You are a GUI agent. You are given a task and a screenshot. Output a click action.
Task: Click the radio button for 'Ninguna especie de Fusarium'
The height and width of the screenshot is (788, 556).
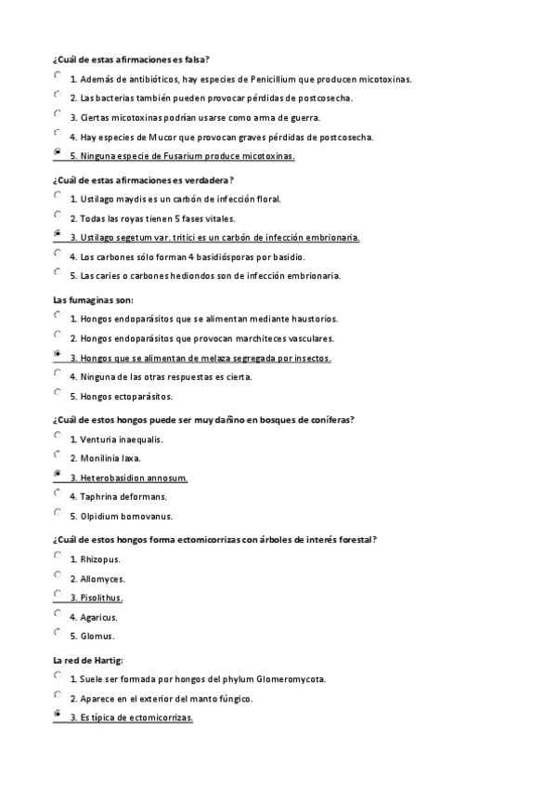[58, 152]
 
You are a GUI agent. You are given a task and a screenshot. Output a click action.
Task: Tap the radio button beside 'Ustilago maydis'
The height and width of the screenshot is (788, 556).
[58, 196]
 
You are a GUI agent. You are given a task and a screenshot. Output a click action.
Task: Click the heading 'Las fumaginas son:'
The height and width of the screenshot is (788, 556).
[94, 299]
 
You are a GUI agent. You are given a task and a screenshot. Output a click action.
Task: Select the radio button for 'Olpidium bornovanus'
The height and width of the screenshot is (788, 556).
[58, 513]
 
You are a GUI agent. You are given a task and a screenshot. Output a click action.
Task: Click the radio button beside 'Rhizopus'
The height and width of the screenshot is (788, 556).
[58, 557]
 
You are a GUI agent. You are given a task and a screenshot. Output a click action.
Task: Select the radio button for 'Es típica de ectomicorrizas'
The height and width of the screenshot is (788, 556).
[58, 716]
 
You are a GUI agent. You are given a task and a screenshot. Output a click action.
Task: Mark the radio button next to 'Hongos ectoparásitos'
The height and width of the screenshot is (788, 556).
[58, 393]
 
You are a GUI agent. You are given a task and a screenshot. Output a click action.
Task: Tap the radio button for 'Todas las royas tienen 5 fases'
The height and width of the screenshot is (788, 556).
[58, 216]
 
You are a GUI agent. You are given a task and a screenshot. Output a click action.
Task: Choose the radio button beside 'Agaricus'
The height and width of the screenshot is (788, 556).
[58, 614]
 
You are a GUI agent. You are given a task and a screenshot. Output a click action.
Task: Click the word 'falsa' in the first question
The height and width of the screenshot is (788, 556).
[194, 59]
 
